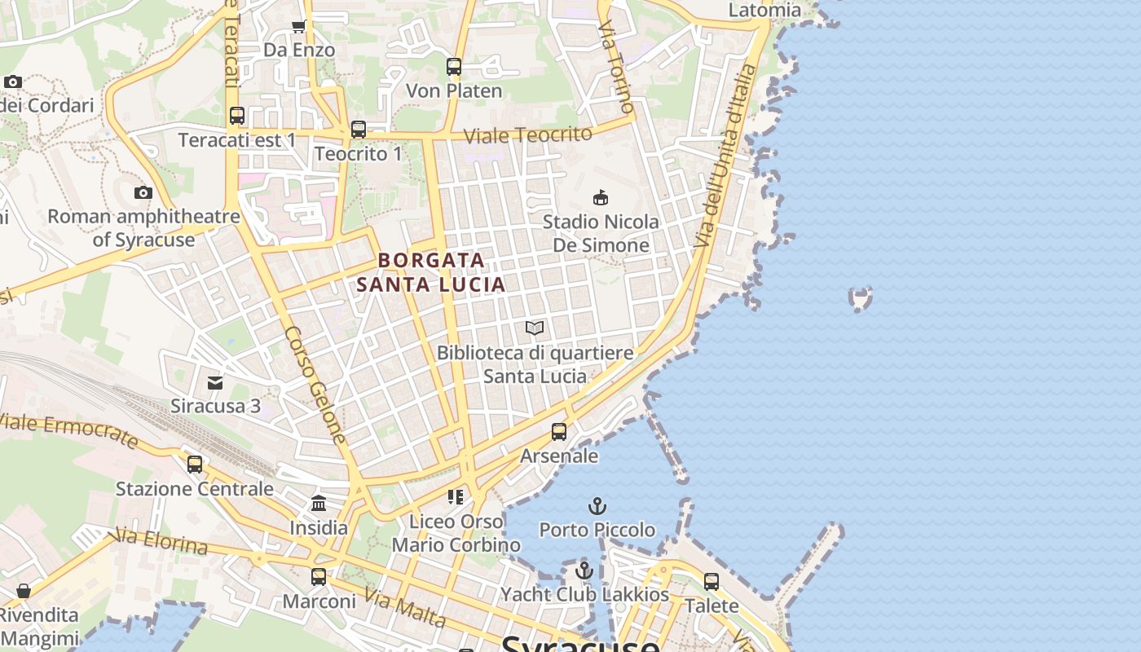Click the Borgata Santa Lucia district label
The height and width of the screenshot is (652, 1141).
(x=431, y=272)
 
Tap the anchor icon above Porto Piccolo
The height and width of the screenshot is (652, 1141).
(x=597, y=506)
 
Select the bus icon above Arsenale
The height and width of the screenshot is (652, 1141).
(x=559, y=432)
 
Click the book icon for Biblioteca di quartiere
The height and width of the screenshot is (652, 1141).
(x=535, y=328)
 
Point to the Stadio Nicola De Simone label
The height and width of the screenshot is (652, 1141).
(x=601, y=233)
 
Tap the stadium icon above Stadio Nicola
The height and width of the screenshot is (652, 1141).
(x=601, y=197)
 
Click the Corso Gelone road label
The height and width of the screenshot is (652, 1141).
(x=316, y=385)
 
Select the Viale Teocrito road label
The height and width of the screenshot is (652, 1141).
(x=527, y=134)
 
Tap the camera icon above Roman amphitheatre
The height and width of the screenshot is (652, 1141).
(x=143, y=193)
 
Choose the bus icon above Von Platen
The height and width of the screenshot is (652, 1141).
(x=454, y=67)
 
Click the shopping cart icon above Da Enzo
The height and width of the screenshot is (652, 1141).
(x=299, y=26)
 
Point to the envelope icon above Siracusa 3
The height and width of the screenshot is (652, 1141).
(x=215, y=382)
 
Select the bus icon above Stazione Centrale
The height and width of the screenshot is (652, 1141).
(x=195, y=465)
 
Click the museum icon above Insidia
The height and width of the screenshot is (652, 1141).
(x=319, y=503)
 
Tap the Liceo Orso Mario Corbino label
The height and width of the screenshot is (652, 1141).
(x=456, y=533)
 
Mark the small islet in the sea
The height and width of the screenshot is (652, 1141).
(x=861, y=298)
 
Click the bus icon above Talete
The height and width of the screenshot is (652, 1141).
(x=711, y=582)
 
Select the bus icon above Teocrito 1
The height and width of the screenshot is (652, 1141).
(x=359, y=129)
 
